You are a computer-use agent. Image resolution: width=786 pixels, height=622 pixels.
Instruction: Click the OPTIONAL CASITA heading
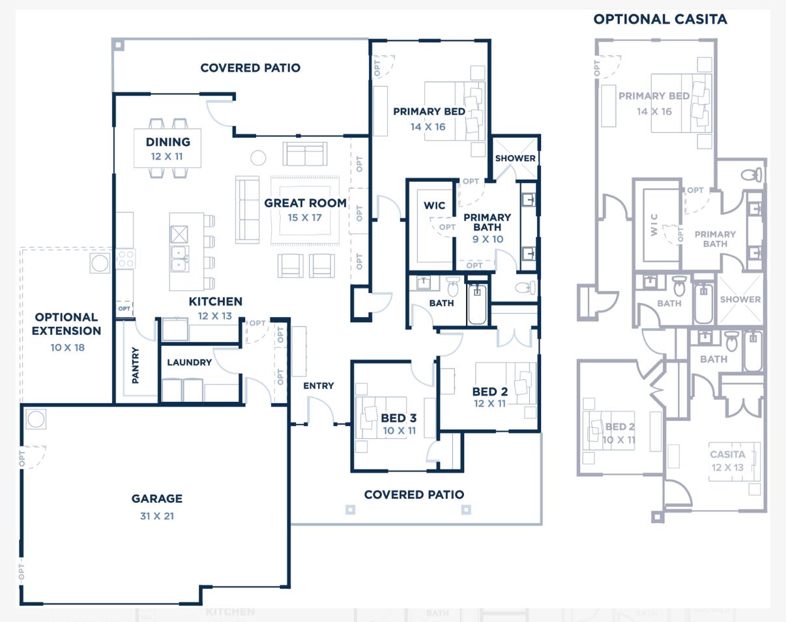tap(660, 20)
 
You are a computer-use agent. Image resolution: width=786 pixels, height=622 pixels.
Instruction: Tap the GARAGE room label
tap(156, 499)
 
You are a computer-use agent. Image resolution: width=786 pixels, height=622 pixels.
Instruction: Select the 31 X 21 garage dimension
tap(156, 516)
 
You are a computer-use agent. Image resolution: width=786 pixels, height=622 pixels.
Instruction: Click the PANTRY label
tap(136, 365)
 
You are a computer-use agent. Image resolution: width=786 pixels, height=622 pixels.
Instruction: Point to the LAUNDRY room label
tap(189, 363)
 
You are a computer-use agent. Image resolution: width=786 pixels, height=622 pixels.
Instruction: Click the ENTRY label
tap(318, 386)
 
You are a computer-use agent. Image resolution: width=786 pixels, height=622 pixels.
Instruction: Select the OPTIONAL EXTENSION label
tap(66, 324)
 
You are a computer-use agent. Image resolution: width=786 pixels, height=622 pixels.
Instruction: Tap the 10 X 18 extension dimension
tap(67, 348)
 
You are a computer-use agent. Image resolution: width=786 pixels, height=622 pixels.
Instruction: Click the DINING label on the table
tap(167, 142)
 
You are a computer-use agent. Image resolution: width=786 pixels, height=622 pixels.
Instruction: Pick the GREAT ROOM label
tap(305, 203)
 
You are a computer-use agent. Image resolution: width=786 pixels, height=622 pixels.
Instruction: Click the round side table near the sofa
tap(258, 158)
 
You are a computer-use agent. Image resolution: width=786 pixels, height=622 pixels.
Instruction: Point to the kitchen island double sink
tap(179, 259)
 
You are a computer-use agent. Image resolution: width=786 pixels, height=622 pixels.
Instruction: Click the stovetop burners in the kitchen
tap(126, 259)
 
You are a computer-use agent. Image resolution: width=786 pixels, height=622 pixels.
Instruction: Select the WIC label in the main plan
tap(434, 206)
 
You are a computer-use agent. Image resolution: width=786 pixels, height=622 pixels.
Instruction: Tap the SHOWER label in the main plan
tap(515, 158)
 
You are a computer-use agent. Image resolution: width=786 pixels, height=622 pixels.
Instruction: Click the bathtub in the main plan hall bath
tap(477, 304)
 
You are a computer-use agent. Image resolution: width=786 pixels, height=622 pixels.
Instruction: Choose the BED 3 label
tap(398, 418)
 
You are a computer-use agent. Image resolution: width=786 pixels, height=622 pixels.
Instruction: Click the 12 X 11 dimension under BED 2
tap(489, 404)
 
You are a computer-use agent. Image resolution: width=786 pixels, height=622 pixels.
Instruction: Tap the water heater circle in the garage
tap(36, 419)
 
